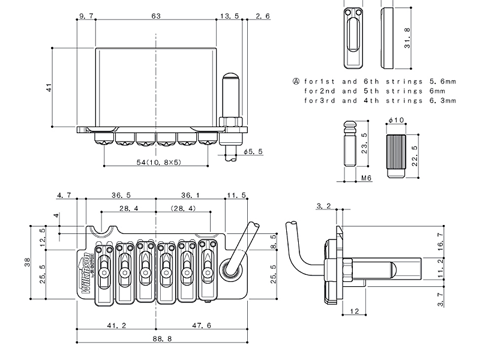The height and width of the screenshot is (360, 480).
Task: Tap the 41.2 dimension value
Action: (116, 325)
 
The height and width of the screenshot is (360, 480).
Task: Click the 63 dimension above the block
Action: (155, 16)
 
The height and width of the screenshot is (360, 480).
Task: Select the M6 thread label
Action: (365, 179)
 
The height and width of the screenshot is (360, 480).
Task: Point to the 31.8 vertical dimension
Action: (407, 37)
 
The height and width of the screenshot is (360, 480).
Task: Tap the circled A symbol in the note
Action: (295, 81)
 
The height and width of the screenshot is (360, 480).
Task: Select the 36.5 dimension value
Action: (121, 195)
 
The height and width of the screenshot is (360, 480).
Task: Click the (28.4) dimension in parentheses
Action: (183, 208)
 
